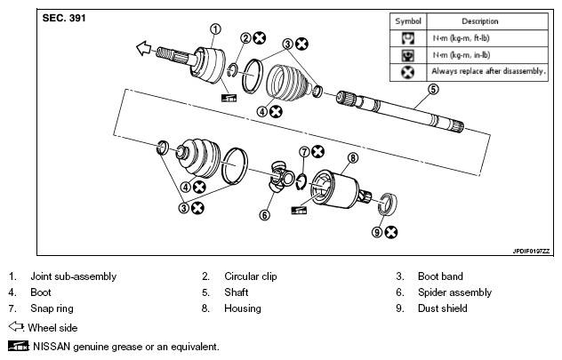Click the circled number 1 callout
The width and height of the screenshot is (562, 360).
click(x=215, y=29)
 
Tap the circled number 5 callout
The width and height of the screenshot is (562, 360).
click(x=433, y=89)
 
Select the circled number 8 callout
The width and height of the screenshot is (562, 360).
click(x=353, y=158)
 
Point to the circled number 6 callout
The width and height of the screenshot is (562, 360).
click(x=264, y=215)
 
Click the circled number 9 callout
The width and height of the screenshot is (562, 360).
click(x=377, y=233)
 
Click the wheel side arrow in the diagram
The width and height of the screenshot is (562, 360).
click(x=144, y=48)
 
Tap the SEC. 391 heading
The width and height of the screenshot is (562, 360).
click(x=64, y=19)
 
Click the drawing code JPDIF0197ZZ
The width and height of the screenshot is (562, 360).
click(x=531, y=251)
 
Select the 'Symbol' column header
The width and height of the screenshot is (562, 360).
click(x=408, y=21)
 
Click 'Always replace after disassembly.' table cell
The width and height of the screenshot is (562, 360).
click(x=488, y=71)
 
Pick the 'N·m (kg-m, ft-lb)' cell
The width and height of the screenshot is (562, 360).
click(x=461, y=38)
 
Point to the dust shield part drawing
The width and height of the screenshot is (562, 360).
click(x=388, y=204)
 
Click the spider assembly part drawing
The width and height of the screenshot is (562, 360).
click(x=281, y=176)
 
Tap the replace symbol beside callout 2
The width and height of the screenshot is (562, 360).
click(x=260, y=38)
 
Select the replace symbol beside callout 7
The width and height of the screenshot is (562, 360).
click(x=317, y=151)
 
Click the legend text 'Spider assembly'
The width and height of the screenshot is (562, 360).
click(x=454, y=292)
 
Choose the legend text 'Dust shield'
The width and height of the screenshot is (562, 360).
click(x=443, y=308)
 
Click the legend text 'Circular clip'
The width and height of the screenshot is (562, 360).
click(x=251, y=276)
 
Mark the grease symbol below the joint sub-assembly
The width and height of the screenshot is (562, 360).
click(x=229, y=98)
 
